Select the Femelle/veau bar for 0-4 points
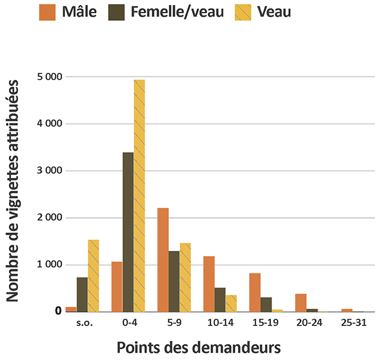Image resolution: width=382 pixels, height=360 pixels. coord(128,232)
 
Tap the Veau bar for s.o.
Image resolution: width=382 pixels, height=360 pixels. coord(93,276)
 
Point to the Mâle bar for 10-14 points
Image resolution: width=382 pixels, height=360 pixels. coord(209,284)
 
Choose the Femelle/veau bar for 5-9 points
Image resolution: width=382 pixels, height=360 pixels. coord(174,281)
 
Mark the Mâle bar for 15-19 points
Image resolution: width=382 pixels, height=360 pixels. coord(254,293)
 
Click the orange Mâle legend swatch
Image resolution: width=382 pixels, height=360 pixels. coord(48,12)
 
